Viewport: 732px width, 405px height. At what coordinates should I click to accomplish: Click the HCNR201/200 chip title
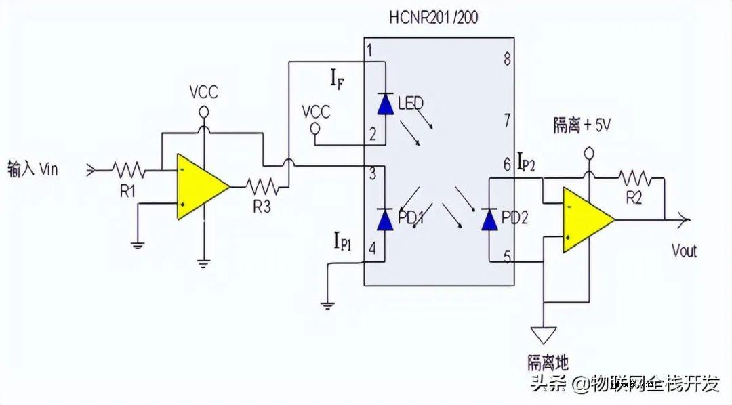[x=433, y=17]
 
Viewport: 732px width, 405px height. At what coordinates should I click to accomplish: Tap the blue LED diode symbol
[x=385, y=104]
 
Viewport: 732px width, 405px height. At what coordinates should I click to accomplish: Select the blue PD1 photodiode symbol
[x=385, y=219]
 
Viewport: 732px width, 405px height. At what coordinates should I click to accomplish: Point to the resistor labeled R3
[x=262, y=186]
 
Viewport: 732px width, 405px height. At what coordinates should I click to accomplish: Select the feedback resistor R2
[x=634, y=178]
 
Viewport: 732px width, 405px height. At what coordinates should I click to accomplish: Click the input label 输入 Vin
[x=33, y=168]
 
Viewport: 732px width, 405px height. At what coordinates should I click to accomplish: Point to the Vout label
[x=684, y=251]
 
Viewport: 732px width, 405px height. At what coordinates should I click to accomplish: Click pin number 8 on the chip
[x=506, y=58]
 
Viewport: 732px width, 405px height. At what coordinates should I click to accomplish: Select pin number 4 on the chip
[x=371, y=248]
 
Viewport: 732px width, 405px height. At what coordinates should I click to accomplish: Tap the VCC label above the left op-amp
[x=203, y=91]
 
